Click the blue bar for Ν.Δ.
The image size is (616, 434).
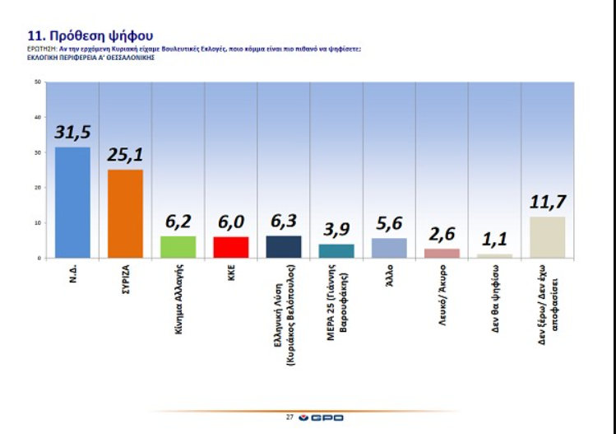point(72,203)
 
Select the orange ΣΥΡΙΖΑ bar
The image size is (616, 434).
point(125,213)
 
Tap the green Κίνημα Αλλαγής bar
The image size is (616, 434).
point(178,247)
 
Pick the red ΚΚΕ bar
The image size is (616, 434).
point(231,247)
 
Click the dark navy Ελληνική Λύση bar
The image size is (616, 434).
point(284,247)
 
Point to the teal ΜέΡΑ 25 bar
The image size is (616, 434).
point(336,251)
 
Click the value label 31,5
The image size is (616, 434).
point(72,133)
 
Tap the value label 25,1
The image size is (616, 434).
point(125,156)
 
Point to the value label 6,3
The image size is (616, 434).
point(284,222)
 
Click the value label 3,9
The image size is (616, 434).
point(336,231)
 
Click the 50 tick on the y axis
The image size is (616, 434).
point(38,82)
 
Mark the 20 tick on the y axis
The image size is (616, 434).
point(38,188)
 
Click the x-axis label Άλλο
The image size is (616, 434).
point(389,273)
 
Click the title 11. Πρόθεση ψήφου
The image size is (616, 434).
point(90,35)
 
